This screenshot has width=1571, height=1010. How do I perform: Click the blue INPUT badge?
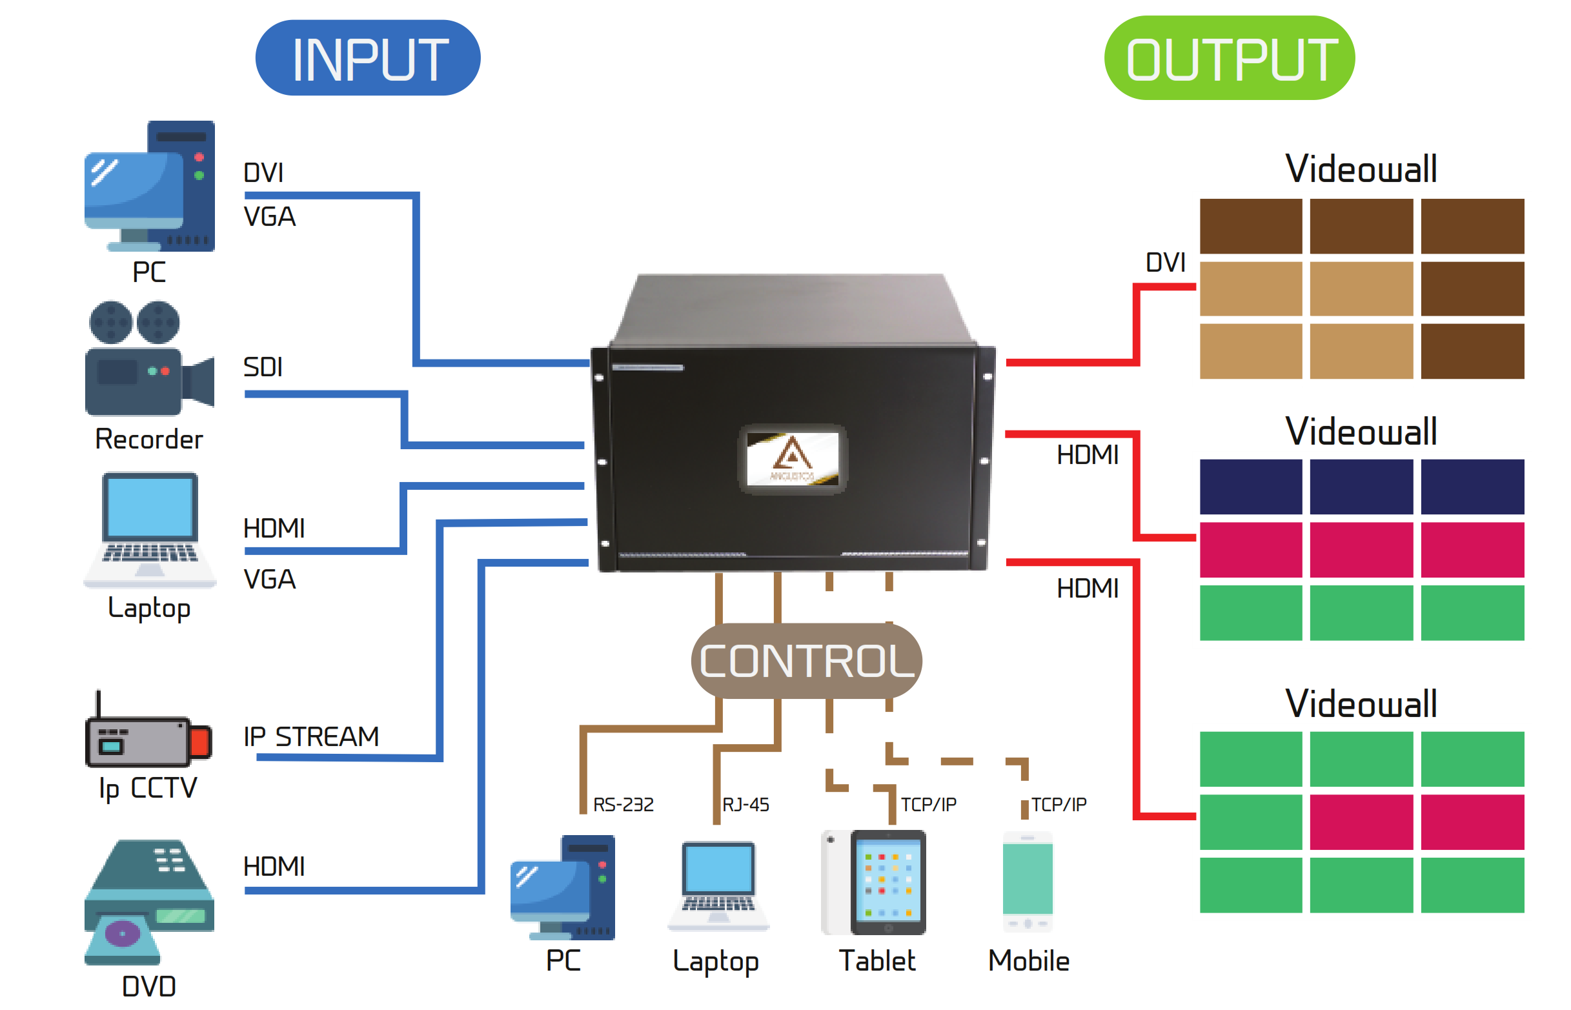367,57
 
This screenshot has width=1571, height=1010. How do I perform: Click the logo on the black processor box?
792,458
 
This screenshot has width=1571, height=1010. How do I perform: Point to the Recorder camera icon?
149,359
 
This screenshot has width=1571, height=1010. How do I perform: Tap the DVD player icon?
149,902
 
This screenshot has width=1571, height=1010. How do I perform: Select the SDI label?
263,367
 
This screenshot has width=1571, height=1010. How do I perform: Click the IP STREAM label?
311,736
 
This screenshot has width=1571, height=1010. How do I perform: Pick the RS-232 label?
622,804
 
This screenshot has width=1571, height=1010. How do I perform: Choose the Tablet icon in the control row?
873,882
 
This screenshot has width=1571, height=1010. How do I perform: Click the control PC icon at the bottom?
563,886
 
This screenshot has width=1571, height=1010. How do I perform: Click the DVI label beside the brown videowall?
1164,262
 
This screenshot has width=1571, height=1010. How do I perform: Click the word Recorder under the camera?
149,439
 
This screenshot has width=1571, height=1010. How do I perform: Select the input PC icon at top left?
150,187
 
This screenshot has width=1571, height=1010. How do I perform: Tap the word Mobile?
1028,961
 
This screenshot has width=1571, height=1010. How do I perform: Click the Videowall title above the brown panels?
1361,169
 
